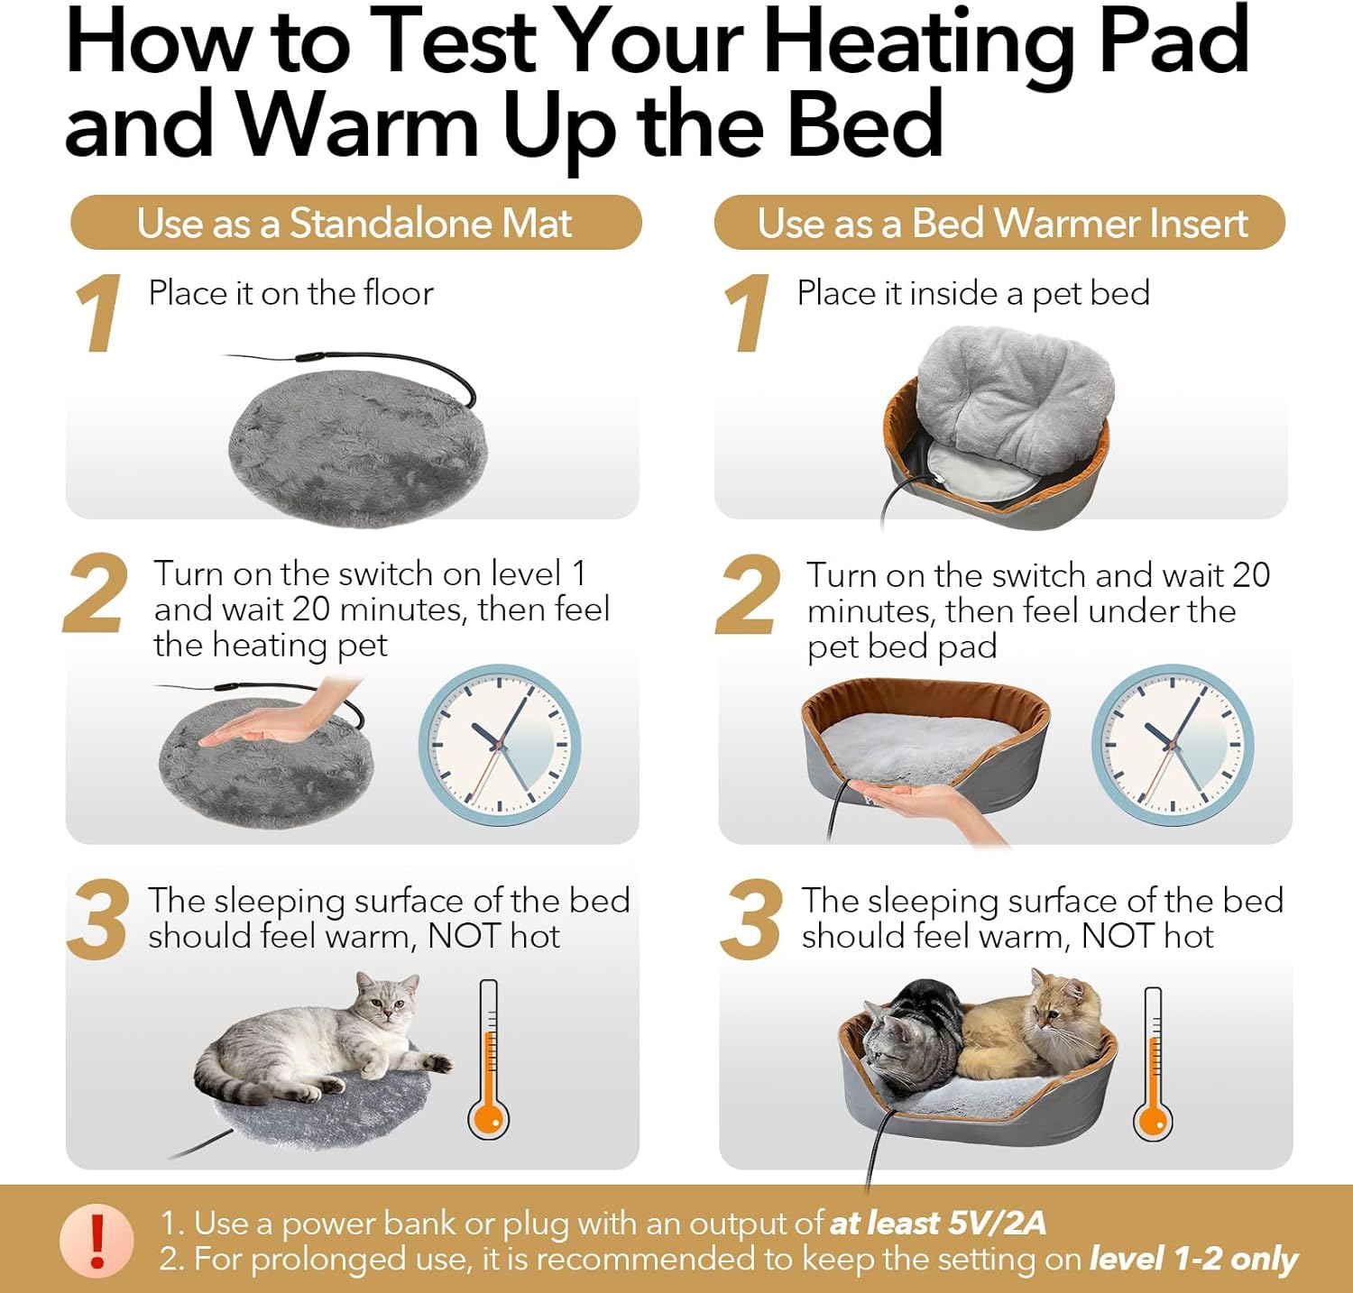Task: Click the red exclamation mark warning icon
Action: coord(97,1241)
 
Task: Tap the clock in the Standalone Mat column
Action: coord(499,746)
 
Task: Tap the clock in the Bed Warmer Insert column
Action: coord(1172,746)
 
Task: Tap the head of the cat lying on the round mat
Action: coord(387,1000)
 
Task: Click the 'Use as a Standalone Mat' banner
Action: coord(354,223)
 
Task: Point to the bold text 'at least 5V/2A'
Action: coord(937,1224)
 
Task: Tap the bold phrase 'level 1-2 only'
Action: coord(1192,1259)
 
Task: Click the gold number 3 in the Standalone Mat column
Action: coord(97,920)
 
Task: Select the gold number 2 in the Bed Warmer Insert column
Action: coord(748,595)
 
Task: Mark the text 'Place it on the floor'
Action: coord(290,293)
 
